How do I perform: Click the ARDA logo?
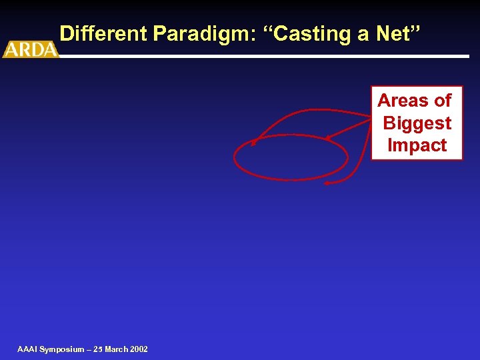point(31,49)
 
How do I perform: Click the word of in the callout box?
point(443,101)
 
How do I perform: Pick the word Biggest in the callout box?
point(417,123)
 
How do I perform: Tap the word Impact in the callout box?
point(417,145)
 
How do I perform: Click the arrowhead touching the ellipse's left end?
point(254,142)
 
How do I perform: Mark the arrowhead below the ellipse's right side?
point(327,183)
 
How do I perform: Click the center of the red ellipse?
point(291,158)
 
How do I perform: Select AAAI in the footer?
point(27,349)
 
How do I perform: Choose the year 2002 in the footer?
point(140,349)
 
